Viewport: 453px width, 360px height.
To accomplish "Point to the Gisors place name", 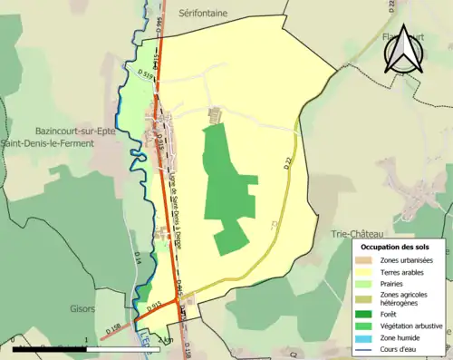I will tap(82, 308).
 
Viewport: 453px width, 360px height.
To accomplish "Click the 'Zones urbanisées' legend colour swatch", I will tap(364, 260).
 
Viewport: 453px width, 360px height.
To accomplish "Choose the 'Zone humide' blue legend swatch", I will tap(364, 336).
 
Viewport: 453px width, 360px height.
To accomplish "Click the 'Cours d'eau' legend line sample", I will tap(364, 349).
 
